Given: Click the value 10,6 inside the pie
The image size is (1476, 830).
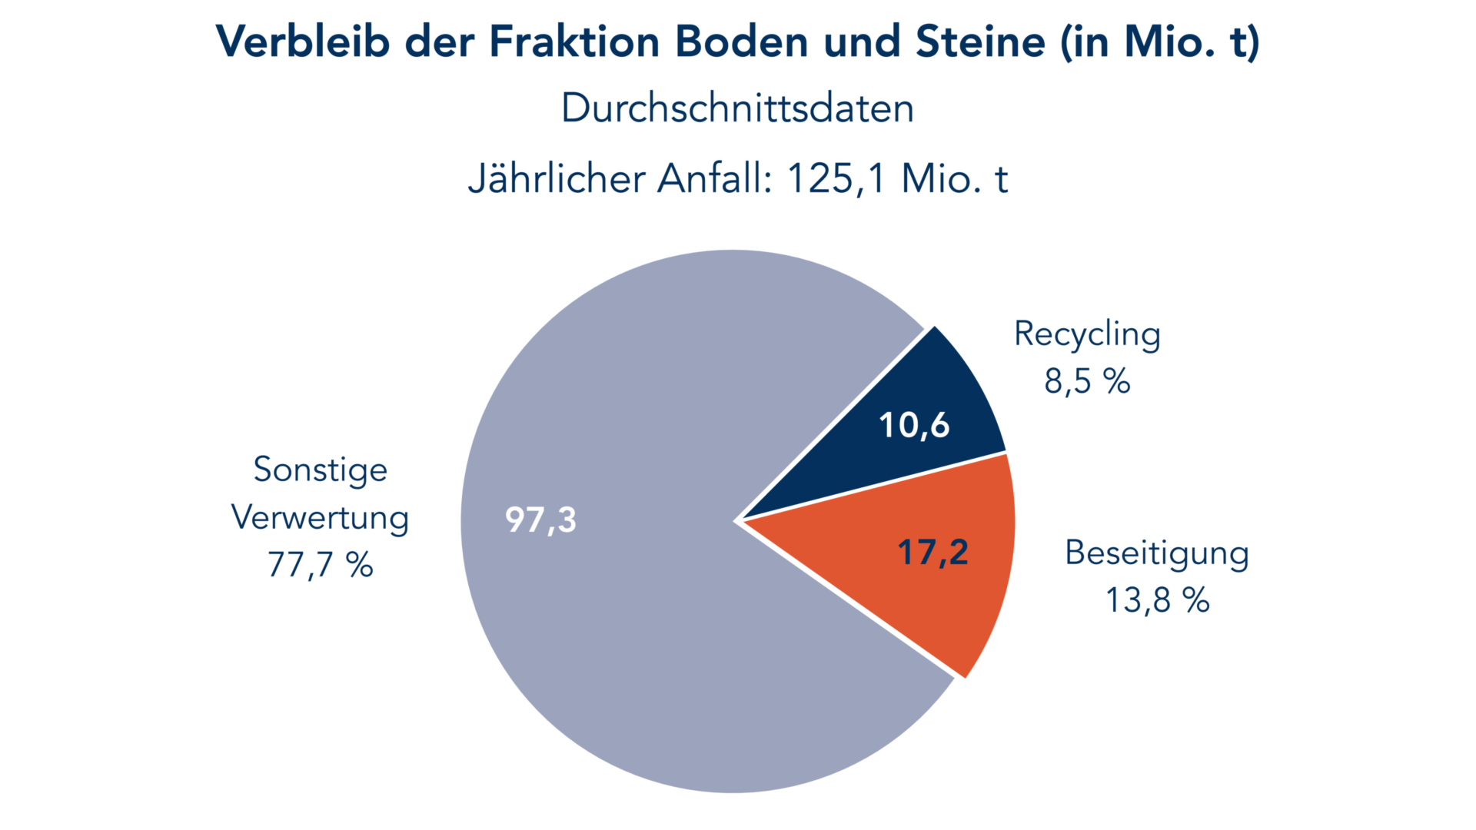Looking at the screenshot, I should click(914, 425).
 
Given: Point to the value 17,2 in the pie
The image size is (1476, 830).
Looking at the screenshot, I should click(932, 552).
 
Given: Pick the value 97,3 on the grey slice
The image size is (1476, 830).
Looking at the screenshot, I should click(540, 520).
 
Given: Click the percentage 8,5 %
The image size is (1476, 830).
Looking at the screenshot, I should click(1087, 381).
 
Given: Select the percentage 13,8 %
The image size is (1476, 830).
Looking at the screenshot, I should click(1157, 600).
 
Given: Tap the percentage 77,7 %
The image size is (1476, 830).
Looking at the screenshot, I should click(320, 565).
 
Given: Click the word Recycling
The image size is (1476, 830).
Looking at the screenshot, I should click(1087, 334).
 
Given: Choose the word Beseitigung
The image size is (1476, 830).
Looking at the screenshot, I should click(1156, 553).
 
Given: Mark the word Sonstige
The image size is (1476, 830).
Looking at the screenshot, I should click(320, 470).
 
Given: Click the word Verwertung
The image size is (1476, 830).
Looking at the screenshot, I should click(320, 517).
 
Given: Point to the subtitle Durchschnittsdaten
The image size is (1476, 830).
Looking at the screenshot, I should click(737, 108).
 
